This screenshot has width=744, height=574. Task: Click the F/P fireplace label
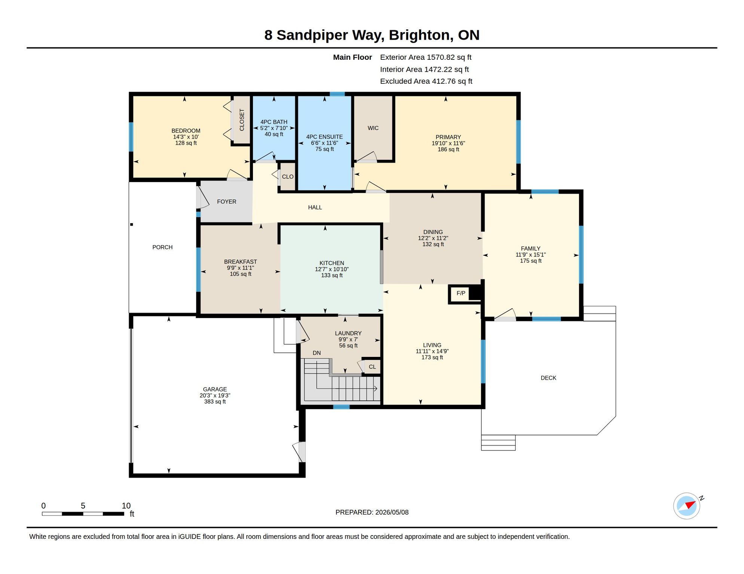461,293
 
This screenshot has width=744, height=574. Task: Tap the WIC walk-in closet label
373,128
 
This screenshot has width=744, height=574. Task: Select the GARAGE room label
215,389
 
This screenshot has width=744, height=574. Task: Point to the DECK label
548,378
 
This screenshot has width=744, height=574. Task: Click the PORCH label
162,247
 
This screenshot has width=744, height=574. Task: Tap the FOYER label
226,201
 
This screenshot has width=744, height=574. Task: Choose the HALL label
315,207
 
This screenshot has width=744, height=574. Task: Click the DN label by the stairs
317,353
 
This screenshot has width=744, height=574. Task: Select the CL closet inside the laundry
372,367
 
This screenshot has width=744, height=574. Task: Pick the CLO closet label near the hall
287,176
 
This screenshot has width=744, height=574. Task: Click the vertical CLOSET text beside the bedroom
242,120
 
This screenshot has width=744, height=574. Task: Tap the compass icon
687,506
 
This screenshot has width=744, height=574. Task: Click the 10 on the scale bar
126,506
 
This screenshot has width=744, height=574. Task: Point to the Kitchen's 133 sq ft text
332,275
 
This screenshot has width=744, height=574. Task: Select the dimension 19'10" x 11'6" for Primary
448,143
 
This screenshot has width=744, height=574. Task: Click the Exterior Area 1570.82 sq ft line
426,57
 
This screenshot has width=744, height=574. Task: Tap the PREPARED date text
372,512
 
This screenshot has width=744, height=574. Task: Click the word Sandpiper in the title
313,35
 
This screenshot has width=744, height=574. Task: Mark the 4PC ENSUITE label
324,137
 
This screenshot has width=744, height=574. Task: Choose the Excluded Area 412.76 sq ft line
426,81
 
